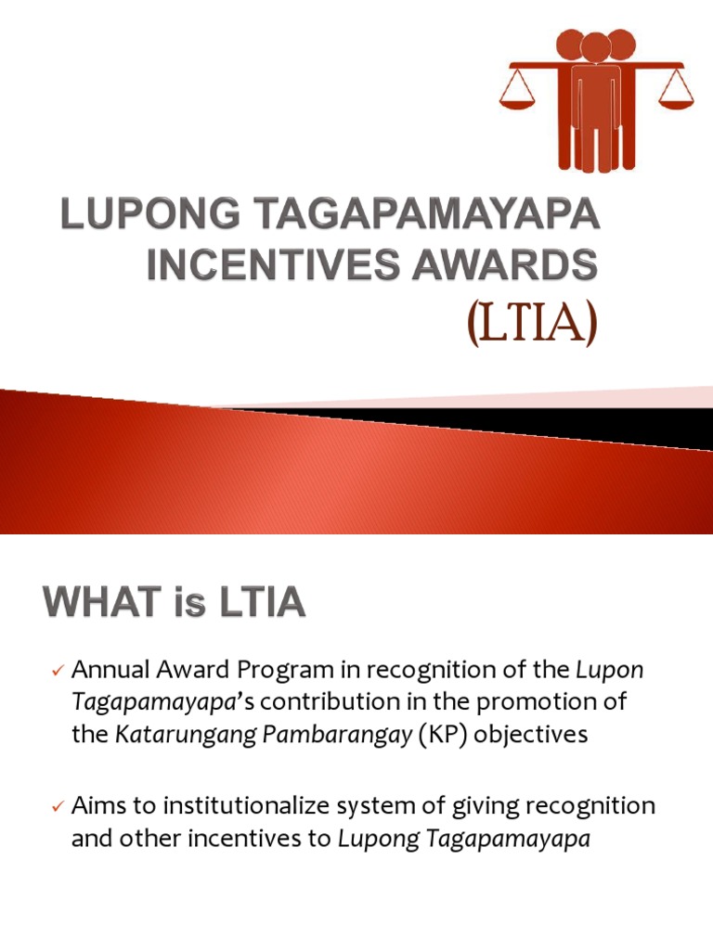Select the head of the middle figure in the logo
click(595, 48)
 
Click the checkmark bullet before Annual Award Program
click(58, 670)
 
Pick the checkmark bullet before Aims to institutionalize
click(58, 807)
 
